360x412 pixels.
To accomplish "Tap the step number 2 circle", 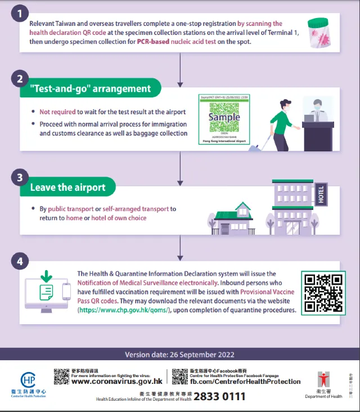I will pyautogui.click(x=20, y=79).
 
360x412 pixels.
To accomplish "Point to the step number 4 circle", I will pyautogui.click(x=20, y=262).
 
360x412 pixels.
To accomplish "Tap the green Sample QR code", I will pyautogui.click(x=223, y=118).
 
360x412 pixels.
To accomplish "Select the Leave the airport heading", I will pyautogui.click(x=67, y=187).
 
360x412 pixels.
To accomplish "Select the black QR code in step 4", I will pyautogui.click(x=322, y=293).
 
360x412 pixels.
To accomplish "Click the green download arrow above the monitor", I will pyautogui.click(x=46, y=277).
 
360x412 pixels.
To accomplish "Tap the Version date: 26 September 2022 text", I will pyautogui.click(x=179, y=355).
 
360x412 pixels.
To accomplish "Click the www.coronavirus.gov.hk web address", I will pyautogui.click(x=116, y=381).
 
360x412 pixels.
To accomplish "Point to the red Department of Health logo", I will pyautogui.click(x=323, y=381).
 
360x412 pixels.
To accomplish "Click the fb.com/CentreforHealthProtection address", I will pyautogui.click(x=245, y=381).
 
